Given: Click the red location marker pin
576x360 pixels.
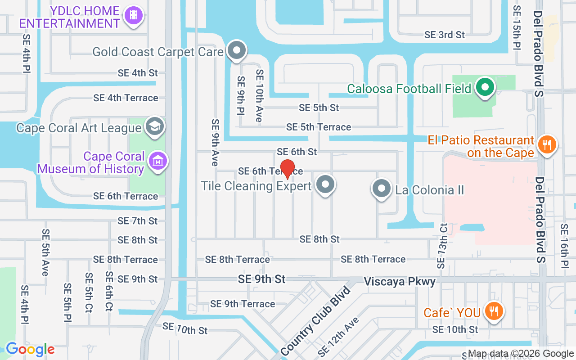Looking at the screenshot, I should click(x=287, y=169).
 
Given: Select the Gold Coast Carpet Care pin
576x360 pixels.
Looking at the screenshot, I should click(x=236, y=51).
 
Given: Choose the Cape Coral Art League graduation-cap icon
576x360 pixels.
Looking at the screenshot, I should click(x=155, y=127).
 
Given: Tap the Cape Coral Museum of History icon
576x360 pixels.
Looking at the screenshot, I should click(x=158, y=161).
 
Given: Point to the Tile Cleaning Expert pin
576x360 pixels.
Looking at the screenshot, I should click(x=325, y=184).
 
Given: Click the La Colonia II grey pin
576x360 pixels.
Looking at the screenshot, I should click(x=382, y=189).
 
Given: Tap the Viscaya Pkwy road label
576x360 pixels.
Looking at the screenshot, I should click(x=400, y=282).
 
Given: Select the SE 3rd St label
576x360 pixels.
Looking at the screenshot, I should click(x=445, y=35).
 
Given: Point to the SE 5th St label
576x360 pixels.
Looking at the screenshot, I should click(x=319, y=108).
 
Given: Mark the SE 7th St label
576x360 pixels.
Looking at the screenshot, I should click(x=138, y=221).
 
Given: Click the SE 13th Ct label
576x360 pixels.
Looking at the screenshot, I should click(x=443, y=246).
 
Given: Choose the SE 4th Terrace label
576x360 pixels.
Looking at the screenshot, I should click(x=126, y=98).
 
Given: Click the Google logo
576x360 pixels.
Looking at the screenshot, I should click(x=30, y=349).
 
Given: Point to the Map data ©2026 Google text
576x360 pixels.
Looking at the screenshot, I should click(x=520, y=354).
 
